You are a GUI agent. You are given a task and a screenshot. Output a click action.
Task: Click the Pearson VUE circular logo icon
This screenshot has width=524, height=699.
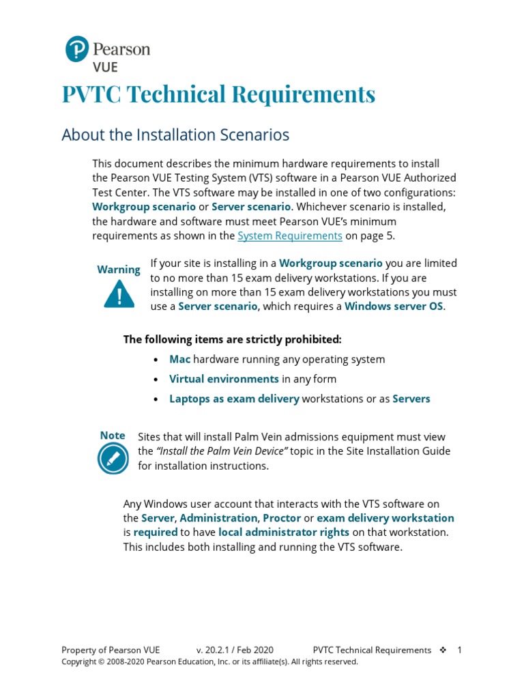(x=77, y=50)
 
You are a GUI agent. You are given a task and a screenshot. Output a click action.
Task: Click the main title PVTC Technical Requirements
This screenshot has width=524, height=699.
(x=218, y=94)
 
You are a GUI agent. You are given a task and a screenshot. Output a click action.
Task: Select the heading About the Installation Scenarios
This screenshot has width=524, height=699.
(x=175, y=135)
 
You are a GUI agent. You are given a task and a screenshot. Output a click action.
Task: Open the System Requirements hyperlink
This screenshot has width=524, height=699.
(x=289, y=236)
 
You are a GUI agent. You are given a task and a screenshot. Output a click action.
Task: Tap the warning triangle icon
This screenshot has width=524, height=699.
(x=119, y=294)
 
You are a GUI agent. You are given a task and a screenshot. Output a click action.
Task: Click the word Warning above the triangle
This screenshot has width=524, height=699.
(x=119, y=270)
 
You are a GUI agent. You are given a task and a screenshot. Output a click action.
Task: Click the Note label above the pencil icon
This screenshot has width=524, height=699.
(x=113, y=436)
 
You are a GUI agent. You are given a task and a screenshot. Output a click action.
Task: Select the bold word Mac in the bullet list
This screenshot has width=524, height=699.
(x=180, y=359)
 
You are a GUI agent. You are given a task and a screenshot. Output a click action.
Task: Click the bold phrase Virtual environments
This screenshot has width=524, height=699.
(x=224, y=379)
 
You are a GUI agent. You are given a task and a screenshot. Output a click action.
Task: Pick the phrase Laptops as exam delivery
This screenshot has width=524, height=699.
(x=234, y=399)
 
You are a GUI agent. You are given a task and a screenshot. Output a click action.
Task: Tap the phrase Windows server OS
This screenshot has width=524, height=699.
(x=394, y=306)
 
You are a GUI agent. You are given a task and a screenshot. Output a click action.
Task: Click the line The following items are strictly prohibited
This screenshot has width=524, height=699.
(x=232, y=339)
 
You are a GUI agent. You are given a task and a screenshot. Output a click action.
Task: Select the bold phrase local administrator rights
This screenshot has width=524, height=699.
(x=284, y=532)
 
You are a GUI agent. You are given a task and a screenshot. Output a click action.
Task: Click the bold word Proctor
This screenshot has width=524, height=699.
(x=282, y=518)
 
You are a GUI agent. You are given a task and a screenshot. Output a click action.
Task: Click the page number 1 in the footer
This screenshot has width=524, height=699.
(x=460, y=650)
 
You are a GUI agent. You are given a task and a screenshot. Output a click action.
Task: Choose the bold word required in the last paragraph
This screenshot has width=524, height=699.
(x=156, y=532)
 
